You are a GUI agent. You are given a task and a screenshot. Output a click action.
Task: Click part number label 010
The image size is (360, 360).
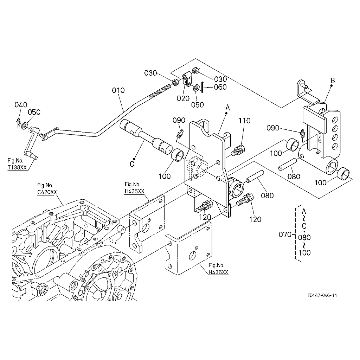click(118, 90)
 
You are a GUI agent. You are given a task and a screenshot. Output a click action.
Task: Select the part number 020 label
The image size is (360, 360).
click(183, 98)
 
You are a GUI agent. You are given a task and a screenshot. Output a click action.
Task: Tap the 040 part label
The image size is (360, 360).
click(21, 105)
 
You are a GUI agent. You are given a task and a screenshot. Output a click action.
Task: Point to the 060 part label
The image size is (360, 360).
click(220, 87)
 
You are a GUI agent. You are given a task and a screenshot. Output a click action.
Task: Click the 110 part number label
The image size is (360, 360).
click(244, 121)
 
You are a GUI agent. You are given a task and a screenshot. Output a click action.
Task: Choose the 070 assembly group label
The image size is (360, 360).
click(285, 234)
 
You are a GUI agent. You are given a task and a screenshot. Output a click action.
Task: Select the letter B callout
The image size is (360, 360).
click(332, 81)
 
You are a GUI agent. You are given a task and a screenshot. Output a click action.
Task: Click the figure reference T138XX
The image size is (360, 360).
click(17, 168)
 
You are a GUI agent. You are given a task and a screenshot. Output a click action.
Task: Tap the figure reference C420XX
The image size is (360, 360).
click(47, 192)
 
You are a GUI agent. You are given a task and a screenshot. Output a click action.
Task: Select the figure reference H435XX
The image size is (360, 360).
click(134, 191)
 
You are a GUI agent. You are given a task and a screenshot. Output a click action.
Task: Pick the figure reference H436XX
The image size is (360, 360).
click(218, 272)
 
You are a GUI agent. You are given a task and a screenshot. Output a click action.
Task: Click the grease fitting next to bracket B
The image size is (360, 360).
click(302, 134)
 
